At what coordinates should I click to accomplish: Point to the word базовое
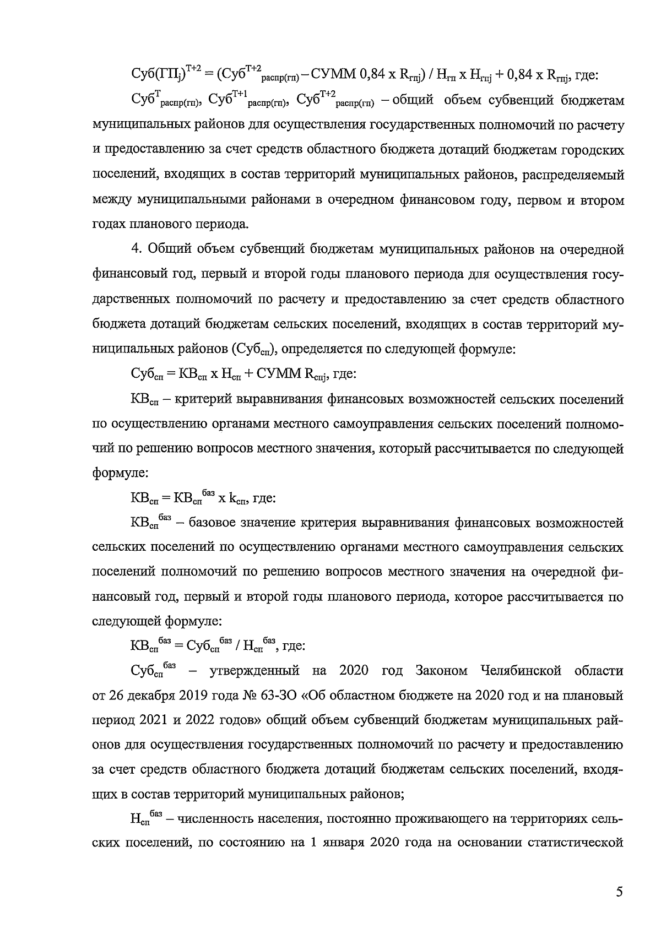(x=216, y=523)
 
